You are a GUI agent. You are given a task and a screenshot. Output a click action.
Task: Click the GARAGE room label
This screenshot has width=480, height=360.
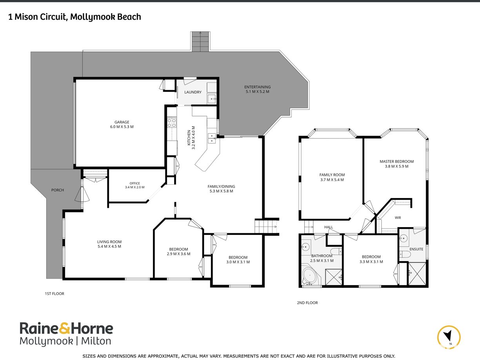122,122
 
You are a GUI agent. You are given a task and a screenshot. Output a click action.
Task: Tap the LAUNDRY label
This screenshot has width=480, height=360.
193,92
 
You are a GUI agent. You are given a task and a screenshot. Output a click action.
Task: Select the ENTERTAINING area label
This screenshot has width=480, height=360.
257,87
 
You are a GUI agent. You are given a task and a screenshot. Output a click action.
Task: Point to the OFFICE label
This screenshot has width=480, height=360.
135,183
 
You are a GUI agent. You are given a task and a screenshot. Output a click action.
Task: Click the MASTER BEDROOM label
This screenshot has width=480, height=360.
396,162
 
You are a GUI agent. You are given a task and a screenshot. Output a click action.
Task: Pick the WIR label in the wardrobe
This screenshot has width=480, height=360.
398,218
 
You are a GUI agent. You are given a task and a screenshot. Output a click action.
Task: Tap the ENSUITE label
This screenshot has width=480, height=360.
416,249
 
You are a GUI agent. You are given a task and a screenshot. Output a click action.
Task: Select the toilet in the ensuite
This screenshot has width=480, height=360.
405,254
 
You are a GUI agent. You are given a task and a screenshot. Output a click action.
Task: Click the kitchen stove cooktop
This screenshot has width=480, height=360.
172,123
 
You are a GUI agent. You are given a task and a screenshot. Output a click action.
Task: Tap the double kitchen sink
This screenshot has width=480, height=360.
212,138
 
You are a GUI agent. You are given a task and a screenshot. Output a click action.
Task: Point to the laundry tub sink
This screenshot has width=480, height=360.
212,99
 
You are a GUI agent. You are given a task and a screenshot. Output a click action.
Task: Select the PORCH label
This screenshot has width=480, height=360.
58,190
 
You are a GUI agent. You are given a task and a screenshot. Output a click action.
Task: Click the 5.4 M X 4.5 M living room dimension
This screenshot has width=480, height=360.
109,246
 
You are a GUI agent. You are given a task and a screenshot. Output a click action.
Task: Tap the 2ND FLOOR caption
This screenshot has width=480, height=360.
307,303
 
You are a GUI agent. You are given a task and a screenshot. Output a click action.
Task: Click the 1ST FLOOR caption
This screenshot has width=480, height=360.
55,294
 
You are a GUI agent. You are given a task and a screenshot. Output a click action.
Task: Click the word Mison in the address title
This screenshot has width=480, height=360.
26,17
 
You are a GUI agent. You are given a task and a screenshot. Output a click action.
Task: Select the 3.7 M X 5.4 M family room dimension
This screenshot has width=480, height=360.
332,180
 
